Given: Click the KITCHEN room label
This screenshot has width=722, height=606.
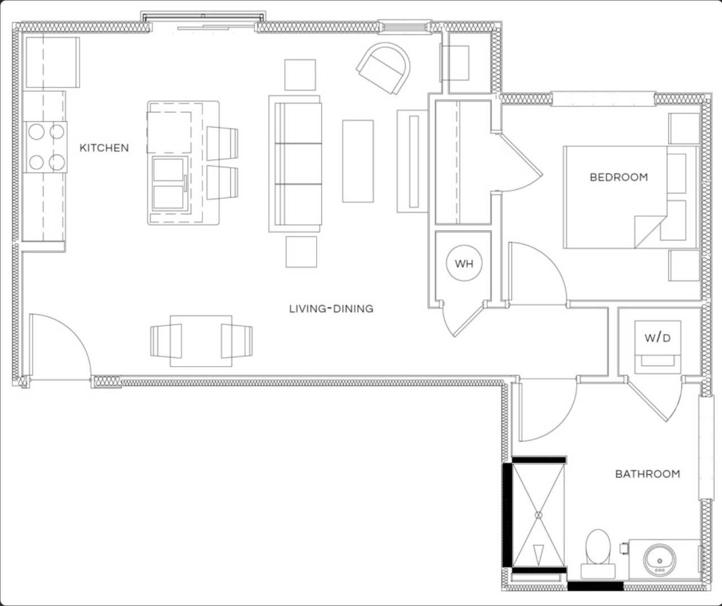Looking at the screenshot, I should tap(104, 148).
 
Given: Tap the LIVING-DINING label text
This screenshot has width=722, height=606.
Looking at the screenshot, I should tap(331, 308).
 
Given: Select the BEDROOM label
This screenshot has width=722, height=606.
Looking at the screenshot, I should tap(619, 177).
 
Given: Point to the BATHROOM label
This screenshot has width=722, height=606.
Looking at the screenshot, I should tap(647, 474).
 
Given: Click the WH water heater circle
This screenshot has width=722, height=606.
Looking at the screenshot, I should tap(464, 264).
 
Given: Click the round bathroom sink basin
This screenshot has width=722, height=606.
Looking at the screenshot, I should tap(660, 559).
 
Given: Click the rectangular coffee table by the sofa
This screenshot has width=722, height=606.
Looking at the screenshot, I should tap(358, 161).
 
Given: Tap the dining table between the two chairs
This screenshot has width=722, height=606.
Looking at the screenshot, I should tap(201, 341).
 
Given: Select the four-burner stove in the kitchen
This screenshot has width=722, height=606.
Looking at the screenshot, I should tap(46, 147).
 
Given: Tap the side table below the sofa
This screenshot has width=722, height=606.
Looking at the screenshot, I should tap(301, 251).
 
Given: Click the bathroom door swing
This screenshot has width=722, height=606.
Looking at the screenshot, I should tap(545, 409).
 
